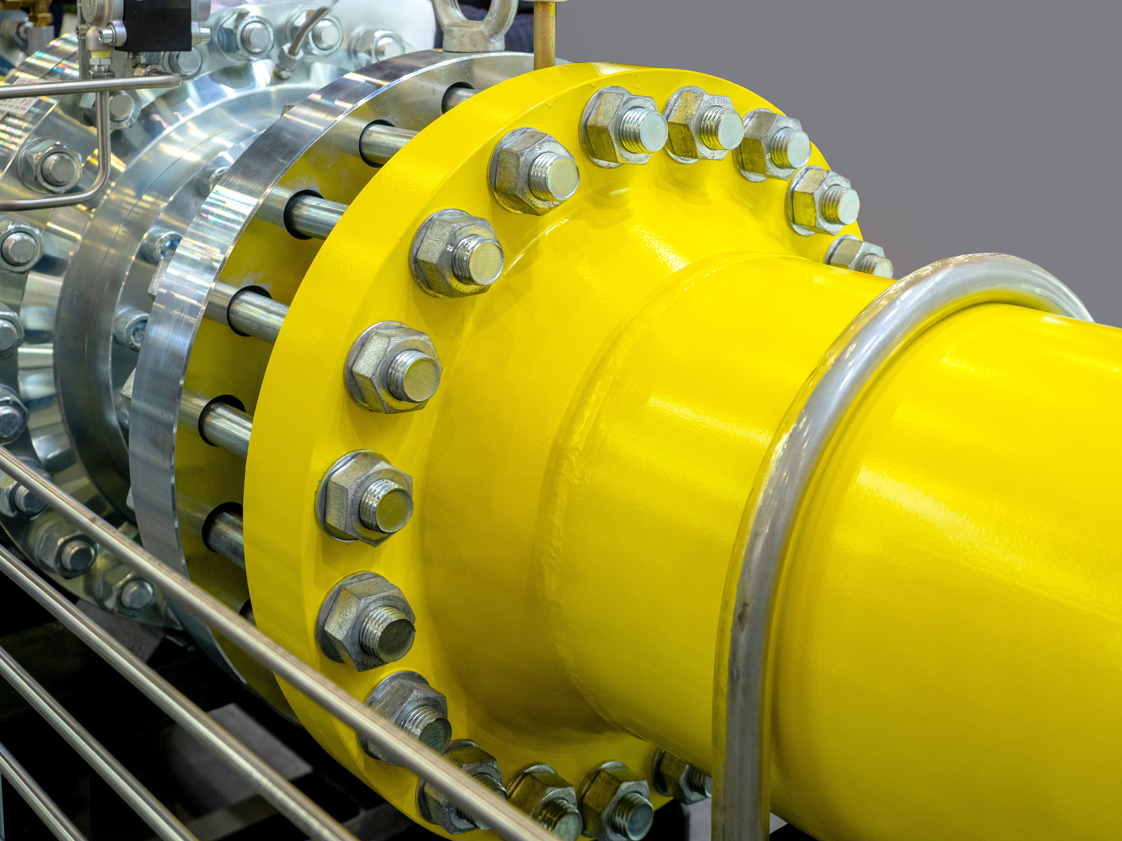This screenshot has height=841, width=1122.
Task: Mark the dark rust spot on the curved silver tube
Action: pyautogui.click(x=743, y=608)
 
